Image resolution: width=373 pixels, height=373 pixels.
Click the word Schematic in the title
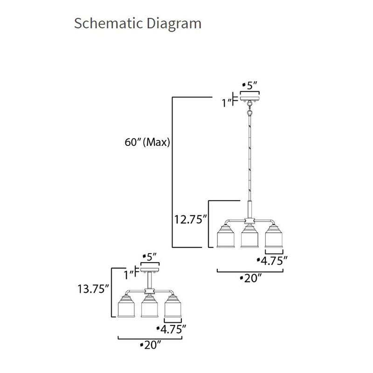tap(108, 23)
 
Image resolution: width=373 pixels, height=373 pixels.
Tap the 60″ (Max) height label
tap(147, 142)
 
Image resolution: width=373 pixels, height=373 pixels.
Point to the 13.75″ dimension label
tap(93, 289)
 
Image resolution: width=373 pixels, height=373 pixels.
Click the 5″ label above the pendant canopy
tap(250, 85)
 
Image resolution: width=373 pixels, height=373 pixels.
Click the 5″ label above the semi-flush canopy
tap(150, 257)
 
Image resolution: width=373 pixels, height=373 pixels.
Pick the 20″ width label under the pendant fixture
tap(251, 278)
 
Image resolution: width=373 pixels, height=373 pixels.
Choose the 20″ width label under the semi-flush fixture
tap(151, 345)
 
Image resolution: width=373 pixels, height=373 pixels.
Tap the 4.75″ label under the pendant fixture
tap(272, 261)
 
